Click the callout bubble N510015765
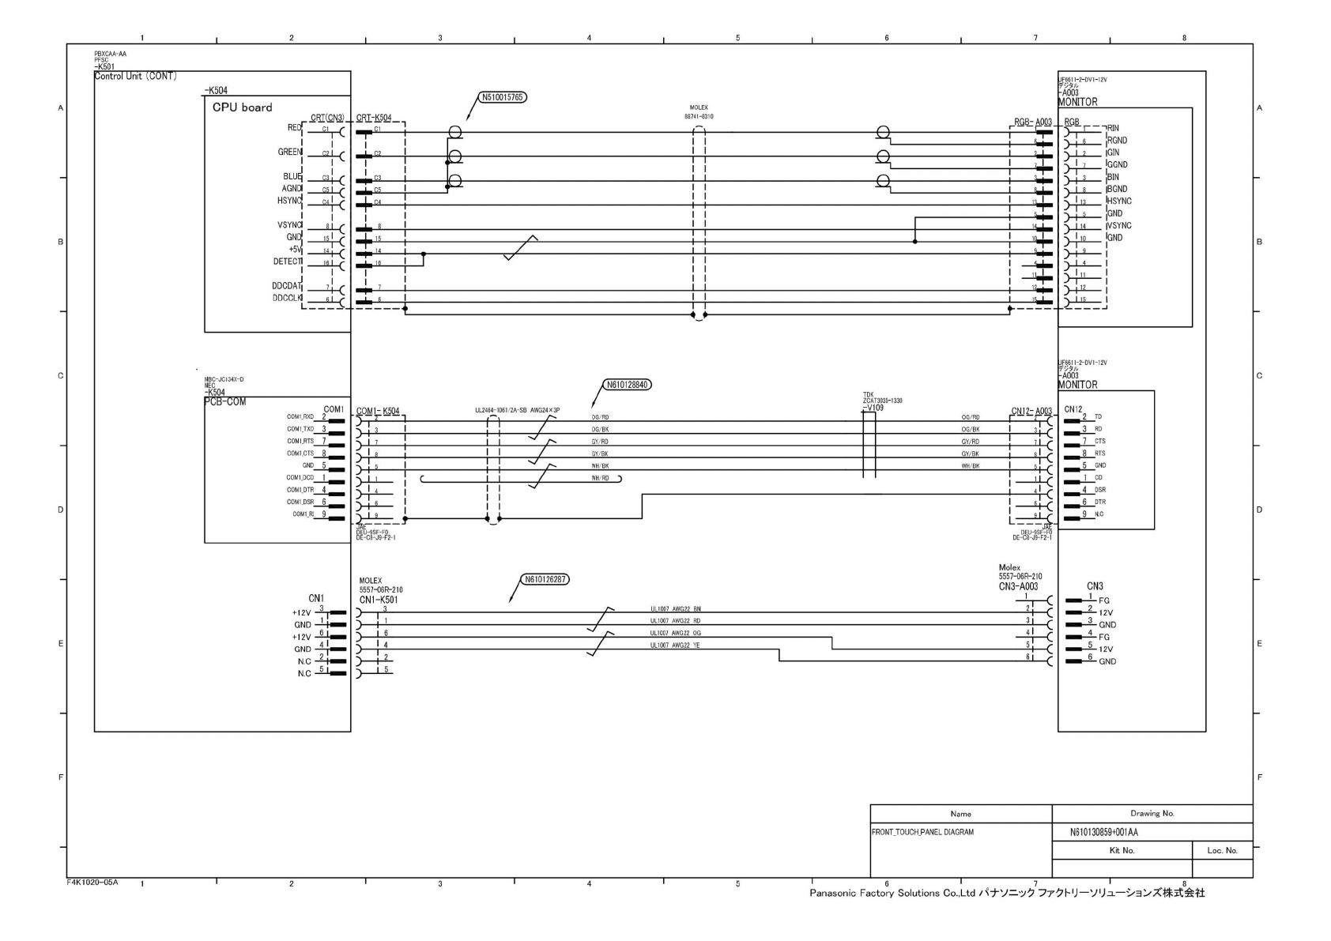[x=503, y=98]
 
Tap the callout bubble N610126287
[x=545, y=579]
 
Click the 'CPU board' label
[x=242, y=107]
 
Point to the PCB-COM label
[x=225, y=401]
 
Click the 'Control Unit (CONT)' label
[x=135, y=76]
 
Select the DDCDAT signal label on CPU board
[x=286, y=286]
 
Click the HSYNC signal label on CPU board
[x=289, y=201]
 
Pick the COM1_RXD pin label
[x=300, y=416]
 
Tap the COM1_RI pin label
[x=303, y=514]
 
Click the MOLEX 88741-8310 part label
[x=699, y=111]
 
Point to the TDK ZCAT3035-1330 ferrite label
[x=882, y=401]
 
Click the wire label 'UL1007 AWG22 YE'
[x=675, y=646]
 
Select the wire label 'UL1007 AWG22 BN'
[x=675, y=609]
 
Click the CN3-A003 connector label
[x=1018, y=587]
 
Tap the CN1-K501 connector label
[x=378, y=600]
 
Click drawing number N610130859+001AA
[x=1104, y=833]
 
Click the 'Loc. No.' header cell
[x=1222, y=851]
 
